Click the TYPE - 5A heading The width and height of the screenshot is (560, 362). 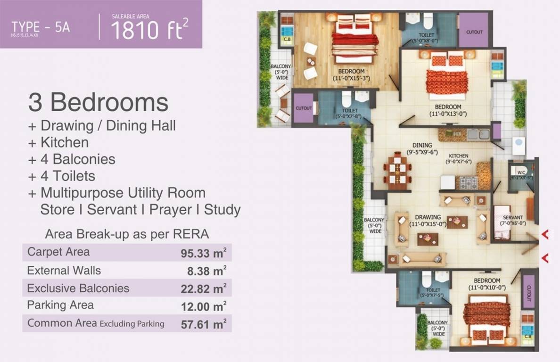41,26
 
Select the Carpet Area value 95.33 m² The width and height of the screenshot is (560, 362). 204,253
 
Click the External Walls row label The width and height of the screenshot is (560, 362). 64,271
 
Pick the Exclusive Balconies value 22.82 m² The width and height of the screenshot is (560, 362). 204,288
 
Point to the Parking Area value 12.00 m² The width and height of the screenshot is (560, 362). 204,306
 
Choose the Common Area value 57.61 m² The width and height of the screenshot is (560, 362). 204,324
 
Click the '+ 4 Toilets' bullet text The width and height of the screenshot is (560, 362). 62,176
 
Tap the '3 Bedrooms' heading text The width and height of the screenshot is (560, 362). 98,102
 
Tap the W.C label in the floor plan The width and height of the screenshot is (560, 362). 521,173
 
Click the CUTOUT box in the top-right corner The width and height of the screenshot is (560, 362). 474,32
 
